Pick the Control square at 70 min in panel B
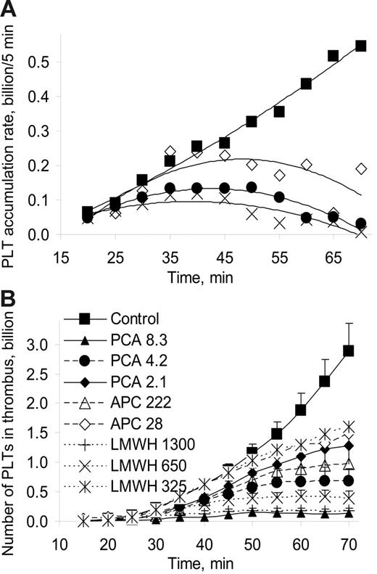point(349,350)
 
